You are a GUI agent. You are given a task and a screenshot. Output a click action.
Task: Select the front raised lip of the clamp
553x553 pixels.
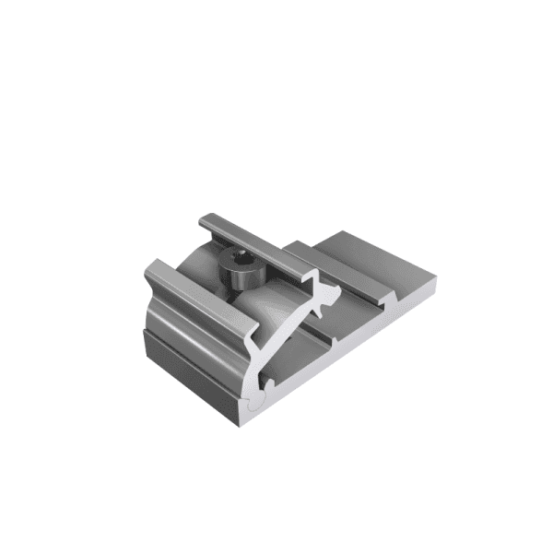pos(198,300)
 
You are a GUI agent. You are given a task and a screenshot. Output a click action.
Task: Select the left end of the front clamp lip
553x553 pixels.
pos(152,270)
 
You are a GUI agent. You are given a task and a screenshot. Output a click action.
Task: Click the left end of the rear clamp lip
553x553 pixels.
pos(206,221)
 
